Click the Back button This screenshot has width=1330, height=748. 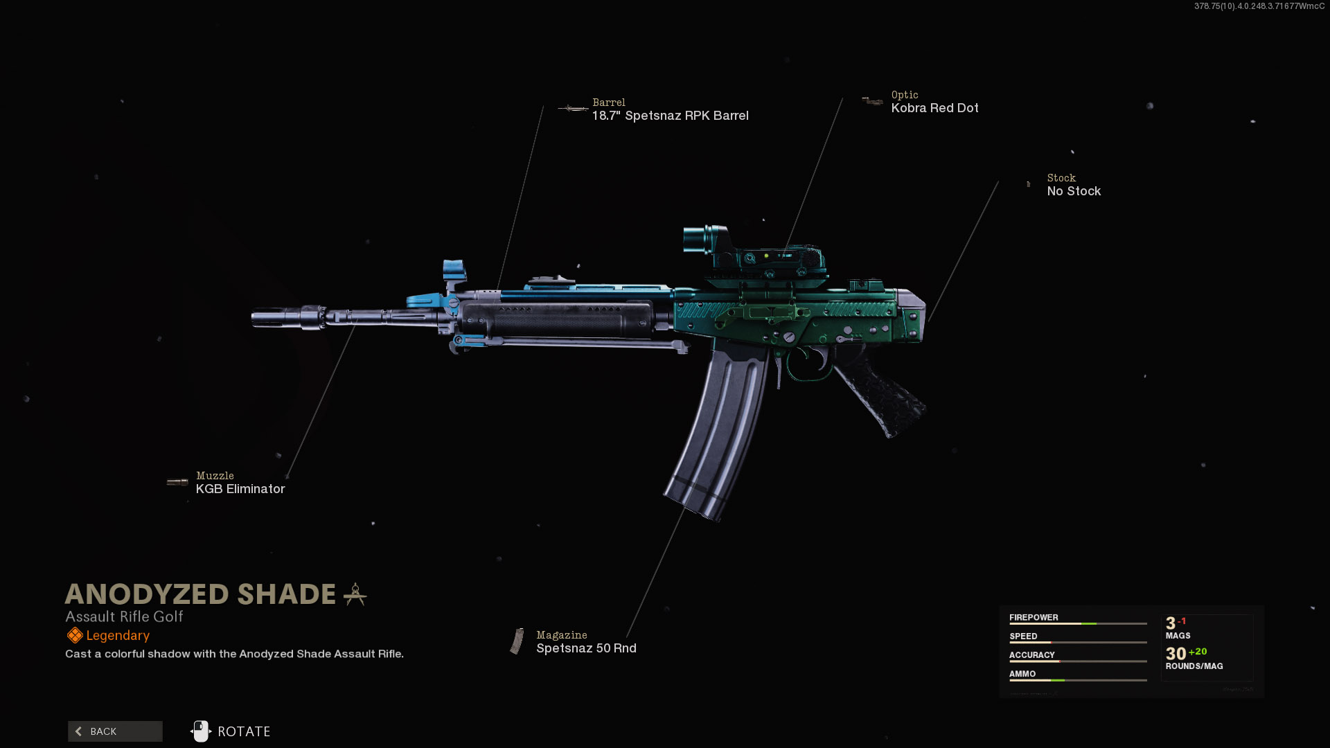[x=115, y=731]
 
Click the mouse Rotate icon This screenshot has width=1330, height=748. [x=201, y=731]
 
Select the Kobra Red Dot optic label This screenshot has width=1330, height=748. [x=934, y=108]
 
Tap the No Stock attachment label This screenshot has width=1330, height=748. [x=1074, y=191]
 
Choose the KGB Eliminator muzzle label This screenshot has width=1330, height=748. [x=240, y=489]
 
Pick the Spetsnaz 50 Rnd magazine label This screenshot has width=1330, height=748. [x=586, y=648]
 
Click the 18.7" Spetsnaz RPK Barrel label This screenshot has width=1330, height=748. [x=670, y=116]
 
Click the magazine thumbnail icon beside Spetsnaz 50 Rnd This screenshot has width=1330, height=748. [x=517, y=641]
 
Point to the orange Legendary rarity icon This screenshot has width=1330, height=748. [x=75, y=635]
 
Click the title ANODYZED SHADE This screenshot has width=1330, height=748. [x=200, y=594]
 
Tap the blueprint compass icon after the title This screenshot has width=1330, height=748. [x=355, y=594]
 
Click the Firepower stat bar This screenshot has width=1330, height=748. [x=1078, y=624]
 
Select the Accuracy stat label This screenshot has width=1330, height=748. [x=1031, y=655]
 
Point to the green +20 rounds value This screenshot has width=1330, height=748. [x=1198, y=652]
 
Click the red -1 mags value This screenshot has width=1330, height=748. [x=1182, y=621]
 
